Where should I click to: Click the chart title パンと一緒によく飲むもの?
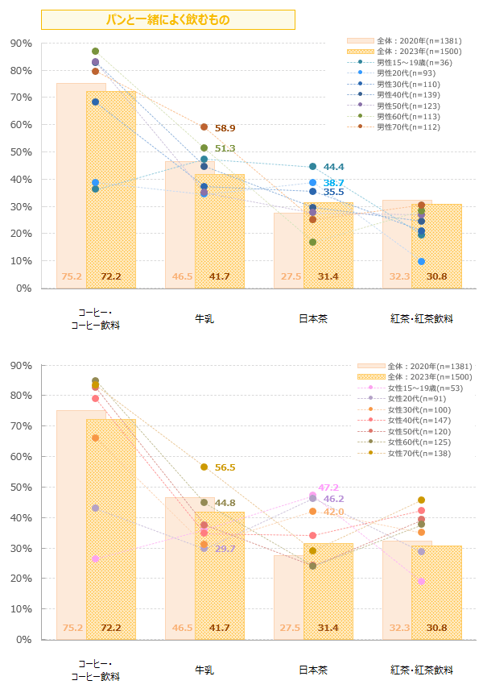pyautogui.click(x=167, y=19)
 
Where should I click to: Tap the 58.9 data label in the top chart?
pyautogui.click(x=225, y=128)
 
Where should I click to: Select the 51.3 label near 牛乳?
pyautogui.click(x=225, y=148)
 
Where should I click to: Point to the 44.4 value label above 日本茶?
pyautogui.click(x=333, y=167)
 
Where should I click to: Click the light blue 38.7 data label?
pyautogui.click(x=333, y=183)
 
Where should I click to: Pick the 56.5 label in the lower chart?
pyautogui.click(x=225, y=467)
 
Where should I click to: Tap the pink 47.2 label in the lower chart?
pyautogui.click(x=328, y=488)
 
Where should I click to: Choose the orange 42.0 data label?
pyautogui.click(x=333, y=512)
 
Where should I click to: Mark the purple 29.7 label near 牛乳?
pyautogui.click(x=225, y=549)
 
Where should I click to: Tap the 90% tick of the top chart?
pyautogui.click(x=22, y=43)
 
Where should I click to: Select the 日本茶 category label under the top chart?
pyautogui.click(x=312, y=318)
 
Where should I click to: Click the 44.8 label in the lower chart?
pyautogui.click(x=225, y=503)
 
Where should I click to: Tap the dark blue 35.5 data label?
pyautogui.click(x=333, y=193)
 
